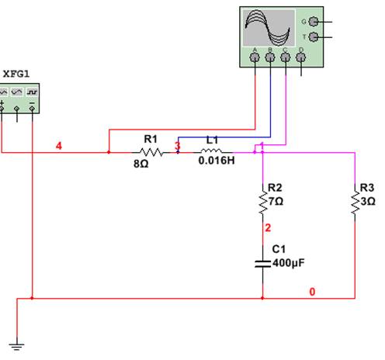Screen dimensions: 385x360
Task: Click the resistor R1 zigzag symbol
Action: pos(151,152)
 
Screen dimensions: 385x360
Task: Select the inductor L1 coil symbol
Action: pos(211,151)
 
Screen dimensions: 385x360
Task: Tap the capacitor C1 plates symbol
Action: pos(262,264)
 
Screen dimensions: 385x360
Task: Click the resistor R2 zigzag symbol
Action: pos(263,202)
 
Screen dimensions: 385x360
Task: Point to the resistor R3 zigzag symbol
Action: pos(355,202)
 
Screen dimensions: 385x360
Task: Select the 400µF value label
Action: pos(289,263)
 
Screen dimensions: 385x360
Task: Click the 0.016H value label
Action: pos(217,161)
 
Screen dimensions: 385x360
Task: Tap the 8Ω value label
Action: pos(141,164)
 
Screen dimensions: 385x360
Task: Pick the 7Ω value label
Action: pos(276,201)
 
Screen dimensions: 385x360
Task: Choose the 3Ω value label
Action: pos(368,201)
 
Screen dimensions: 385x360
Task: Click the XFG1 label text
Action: pos(16,74)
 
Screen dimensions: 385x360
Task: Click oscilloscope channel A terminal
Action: pos(255,57)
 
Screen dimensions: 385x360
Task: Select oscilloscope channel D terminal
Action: pos(300,57)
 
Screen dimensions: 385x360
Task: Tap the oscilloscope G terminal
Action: pos(314,22)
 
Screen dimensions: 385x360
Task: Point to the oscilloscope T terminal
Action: pos(314,37)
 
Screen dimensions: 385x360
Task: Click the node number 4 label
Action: pos(59,146)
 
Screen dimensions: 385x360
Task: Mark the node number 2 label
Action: pos(268,228)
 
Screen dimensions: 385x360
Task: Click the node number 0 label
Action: pos(312,292)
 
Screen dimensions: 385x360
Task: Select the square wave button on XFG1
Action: pos(32,92)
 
